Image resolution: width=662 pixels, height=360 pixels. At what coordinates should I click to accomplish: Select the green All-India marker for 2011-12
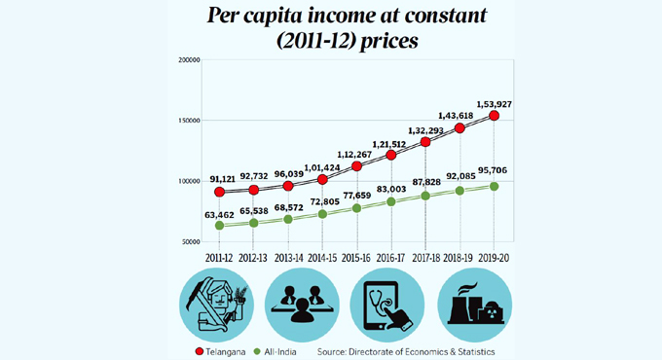click(x=221, y=226)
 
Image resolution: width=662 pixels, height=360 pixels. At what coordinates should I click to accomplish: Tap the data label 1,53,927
click(x=494, y=101)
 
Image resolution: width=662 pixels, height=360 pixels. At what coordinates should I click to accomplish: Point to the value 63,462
click(x=221, y=211)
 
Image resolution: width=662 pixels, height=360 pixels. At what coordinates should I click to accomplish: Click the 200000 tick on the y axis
click(x=190, y=60)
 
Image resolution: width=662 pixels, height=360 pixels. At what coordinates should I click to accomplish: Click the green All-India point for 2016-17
click(x=391, y=201)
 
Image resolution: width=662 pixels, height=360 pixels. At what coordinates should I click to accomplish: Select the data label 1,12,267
click(x=357, y=152)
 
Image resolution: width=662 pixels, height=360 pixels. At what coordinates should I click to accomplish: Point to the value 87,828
click(x=425, y=182)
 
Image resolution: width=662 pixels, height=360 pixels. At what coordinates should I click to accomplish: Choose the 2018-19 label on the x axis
click(x=460, y=257)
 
